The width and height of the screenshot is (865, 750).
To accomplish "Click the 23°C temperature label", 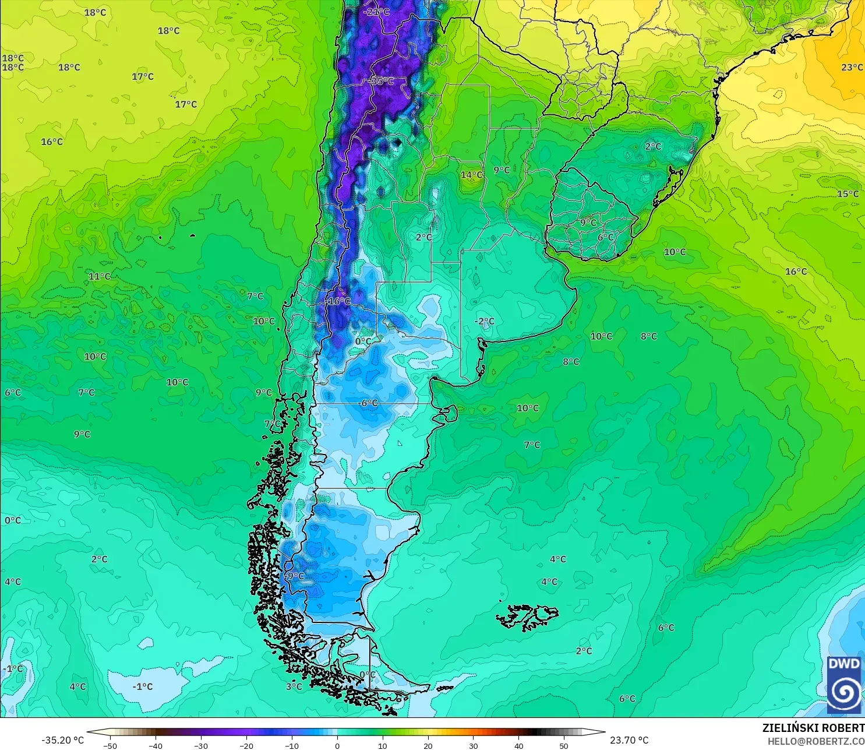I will [852, 68].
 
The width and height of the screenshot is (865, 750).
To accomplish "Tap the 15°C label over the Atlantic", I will [848, 194].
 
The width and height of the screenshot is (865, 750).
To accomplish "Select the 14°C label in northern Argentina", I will [471, 175].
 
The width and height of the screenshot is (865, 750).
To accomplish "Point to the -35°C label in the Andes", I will [382, 82].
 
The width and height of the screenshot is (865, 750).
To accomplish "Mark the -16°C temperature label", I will [338, 301].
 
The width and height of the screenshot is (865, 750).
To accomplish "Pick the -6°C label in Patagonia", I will [368, 403].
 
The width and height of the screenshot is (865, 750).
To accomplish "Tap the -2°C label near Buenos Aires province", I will [484, 321].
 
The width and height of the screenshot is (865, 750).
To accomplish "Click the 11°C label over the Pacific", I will [99, 276].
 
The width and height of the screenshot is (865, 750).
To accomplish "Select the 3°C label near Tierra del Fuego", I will [294, 686].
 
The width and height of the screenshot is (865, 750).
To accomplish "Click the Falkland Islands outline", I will [527, 617].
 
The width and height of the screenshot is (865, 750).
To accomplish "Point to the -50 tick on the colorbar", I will [110, 745].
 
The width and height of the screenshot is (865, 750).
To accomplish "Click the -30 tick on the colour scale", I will [201, 745].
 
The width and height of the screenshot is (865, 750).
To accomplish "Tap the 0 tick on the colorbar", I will [337, 745].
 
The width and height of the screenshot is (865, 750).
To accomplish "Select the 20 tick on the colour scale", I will [428, 745].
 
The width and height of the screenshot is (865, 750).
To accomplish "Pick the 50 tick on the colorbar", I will [564, 745].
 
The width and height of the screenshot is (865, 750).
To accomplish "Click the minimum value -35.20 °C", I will [62, 740].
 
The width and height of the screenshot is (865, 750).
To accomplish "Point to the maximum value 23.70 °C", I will [629, 740].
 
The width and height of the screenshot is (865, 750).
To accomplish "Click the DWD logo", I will [844, 685].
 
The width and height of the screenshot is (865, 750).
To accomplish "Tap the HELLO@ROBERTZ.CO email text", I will [815, 741].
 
